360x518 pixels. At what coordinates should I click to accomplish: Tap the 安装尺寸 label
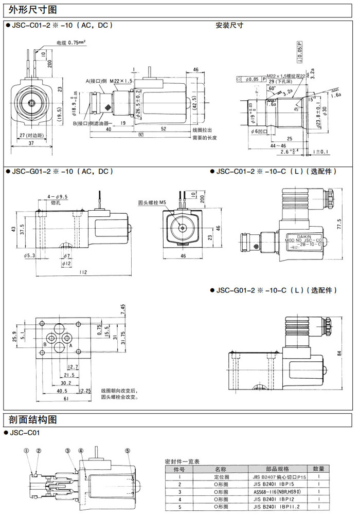pos(229,25)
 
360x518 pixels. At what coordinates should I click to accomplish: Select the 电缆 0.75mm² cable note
pos(70,42)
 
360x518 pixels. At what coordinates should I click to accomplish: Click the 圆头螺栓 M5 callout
pos(153,202)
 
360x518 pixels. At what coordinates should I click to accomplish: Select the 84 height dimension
pos(339,353)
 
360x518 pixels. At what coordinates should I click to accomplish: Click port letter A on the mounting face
pos(70,345)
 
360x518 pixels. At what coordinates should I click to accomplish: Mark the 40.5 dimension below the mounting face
pos(64,391)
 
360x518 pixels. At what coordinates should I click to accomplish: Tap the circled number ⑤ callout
pos(127,451)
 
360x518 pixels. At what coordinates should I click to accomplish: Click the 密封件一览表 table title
pos(185,461)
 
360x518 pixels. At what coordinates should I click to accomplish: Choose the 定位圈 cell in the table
pos(220,476)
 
